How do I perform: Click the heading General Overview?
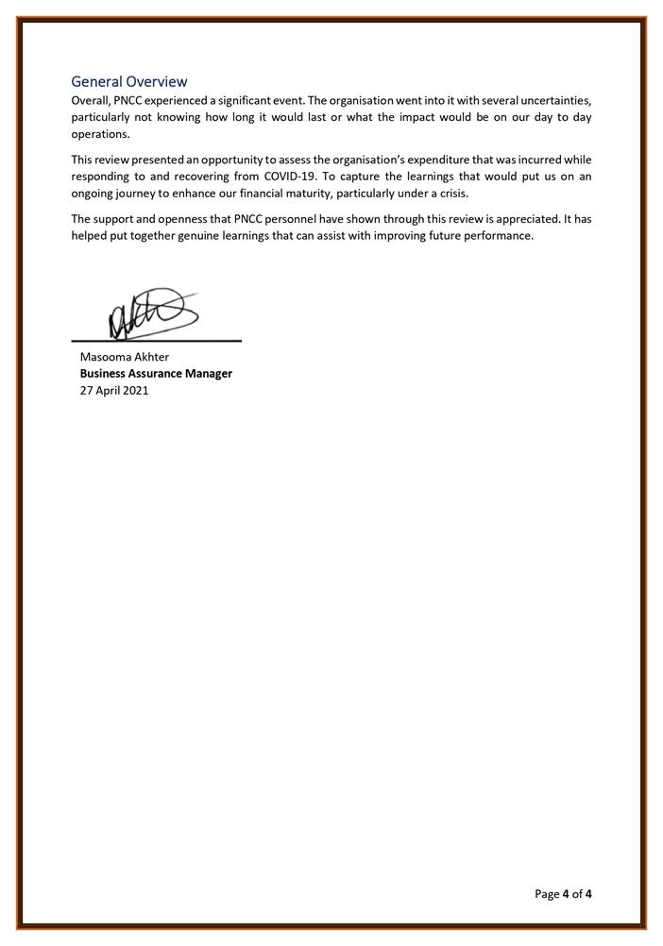(129, 82)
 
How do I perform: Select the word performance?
(500, 236)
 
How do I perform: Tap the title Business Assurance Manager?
(156, 374)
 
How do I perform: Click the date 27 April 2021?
(114, 391)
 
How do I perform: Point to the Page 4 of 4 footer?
(564, 893)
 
